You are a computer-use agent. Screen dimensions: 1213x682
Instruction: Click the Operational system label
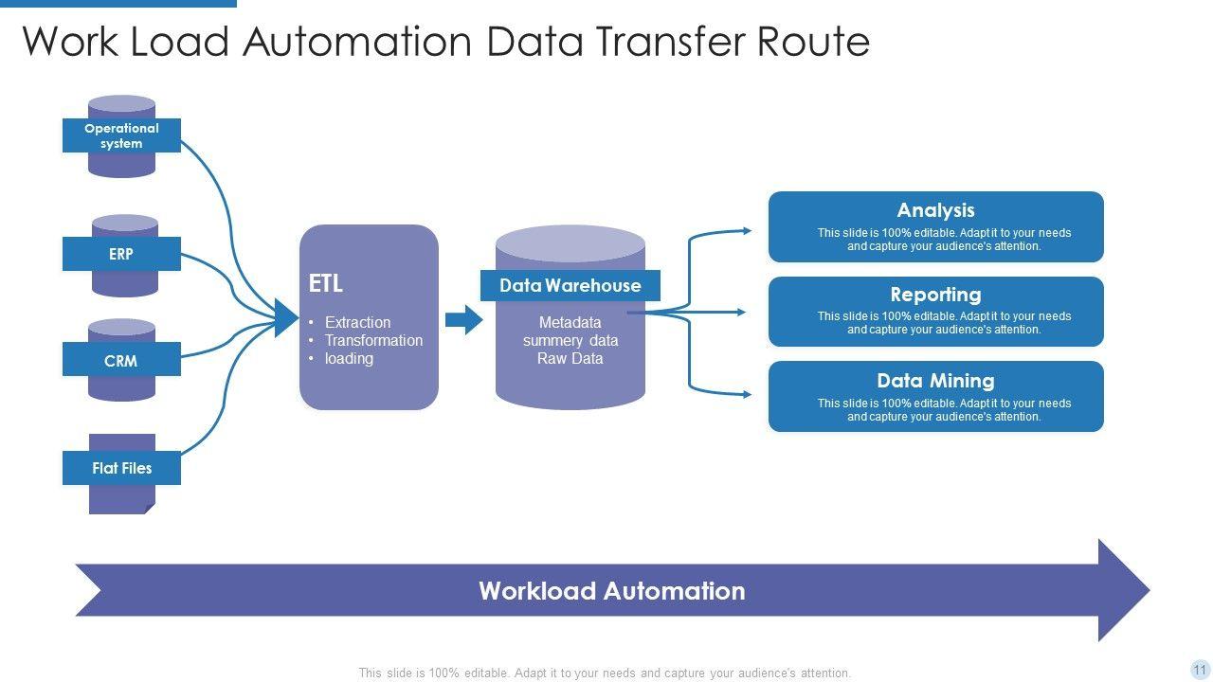click(x=121, y=135)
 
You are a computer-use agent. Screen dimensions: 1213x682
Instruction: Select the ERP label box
click(x=121, y=254)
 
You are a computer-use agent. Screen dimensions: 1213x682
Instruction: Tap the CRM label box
click(x=121, y=359)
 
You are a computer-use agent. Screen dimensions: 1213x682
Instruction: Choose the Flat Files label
click(x=121, y=468)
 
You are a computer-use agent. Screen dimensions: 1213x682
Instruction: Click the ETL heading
click(x=325, y=283)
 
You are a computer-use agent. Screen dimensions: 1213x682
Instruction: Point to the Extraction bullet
click(x=357, y=322)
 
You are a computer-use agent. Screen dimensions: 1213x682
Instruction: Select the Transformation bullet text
click(x=373, y=340)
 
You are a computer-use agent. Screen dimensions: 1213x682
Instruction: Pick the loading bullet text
click(x=349, y=359)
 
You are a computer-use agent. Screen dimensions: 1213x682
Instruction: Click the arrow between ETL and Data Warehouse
click(x=464, y=319)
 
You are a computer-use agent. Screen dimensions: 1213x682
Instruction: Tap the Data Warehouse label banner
click(x=570, y=285)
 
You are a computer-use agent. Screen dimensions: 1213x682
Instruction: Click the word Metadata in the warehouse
click(x=570, y=322)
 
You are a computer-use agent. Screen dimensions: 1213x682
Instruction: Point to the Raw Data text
click(x=570, y=358)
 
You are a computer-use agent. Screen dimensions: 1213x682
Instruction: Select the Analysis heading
click(x=935, y=210)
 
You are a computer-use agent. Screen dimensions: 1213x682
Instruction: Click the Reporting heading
click(x=935, y=295)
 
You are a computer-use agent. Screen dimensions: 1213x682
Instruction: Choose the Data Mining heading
click(x=935, y=381)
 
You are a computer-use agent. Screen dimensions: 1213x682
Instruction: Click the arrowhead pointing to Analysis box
click(x=748, y=231)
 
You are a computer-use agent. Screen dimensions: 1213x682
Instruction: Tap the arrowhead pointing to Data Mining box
click(x=748, y=395)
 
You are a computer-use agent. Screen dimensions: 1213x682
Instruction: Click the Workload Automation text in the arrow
click(x=612, y=590)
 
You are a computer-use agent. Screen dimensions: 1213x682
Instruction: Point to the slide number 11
click(x=1200, y=669)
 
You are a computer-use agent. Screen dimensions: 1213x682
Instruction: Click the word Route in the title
click(x=813, y=42)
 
